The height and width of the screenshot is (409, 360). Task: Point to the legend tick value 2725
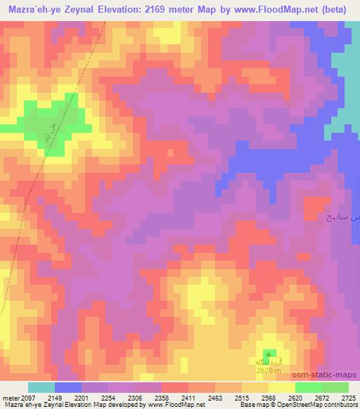(x=348, y=398)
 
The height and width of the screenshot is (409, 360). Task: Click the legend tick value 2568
(x=267, y=398)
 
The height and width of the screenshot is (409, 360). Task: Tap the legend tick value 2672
(x=321, y=398)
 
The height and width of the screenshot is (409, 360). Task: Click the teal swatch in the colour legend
(x=41, y=387)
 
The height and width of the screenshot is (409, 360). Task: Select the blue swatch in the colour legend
(x=68, y=387)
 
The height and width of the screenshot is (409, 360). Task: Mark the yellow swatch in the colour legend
(x=281, y=387)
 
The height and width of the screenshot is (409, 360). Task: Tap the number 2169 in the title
(x=173, y=9)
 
